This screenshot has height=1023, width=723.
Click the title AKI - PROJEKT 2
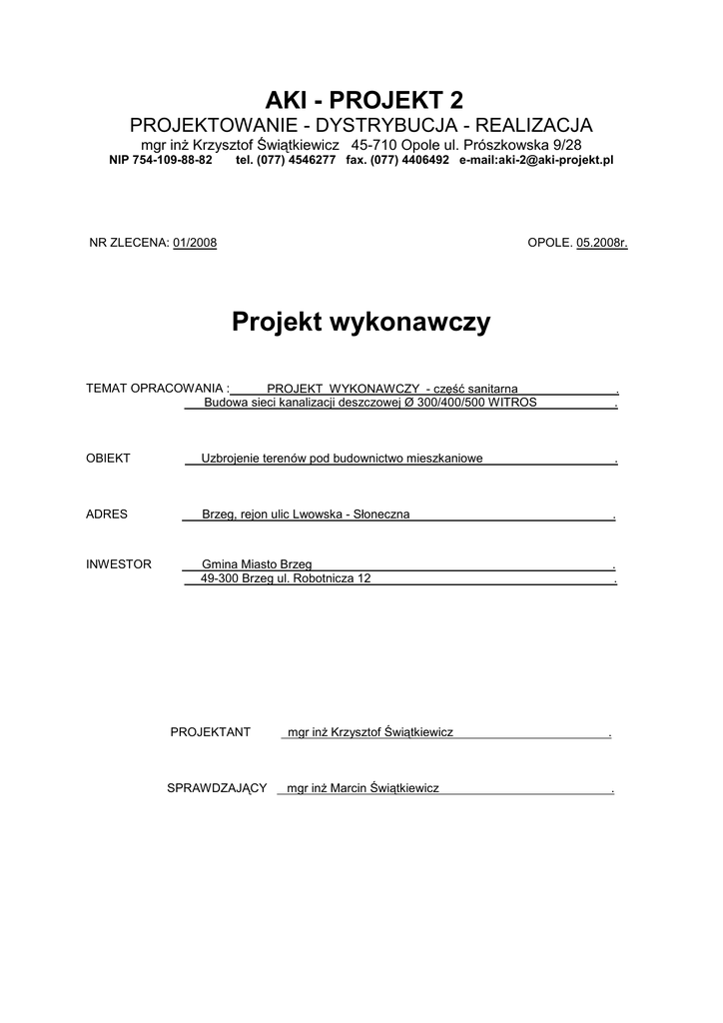coord(363,99)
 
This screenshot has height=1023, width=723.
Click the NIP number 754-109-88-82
coord(160,160)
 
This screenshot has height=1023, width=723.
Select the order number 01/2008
coord(195,243)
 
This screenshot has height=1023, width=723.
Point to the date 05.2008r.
coord(601,243)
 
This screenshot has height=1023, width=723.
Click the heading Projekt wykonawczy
coord(361,322)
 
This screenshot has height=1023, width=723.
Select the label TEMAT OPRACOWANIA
coord(157,388)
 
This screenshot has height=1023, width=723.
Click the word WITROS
coord(512,403)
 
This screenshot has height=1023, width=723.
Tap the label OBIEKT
coord(108,459)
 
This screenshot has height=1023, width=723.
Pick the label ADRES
coord(107,514)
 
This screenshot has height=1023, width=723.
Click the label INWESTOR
coord(119,564)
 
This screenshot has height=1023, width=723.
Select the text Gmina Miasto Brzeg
coord(264,564)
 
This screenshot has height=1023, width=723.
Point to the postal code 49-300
coord(220,578)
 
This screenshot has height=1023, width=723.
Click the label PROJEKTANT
coord(210,732)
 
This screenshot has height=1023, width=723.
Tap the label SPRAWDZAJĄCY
coord(217,788)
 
